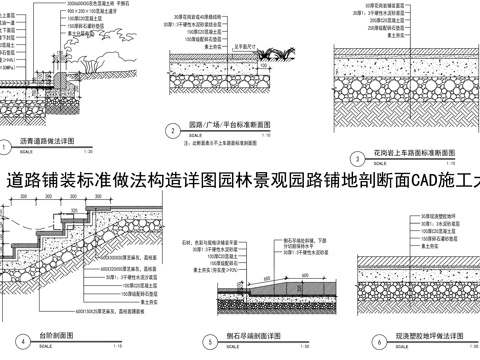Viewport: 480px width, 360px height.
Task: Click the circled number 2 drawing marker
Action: pos(169,129)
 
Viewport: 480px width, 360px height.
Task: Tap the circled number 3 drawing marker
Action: pos(357,158)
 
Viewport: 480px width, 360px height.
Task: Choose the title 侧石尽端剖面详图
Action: pos(246,338)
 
